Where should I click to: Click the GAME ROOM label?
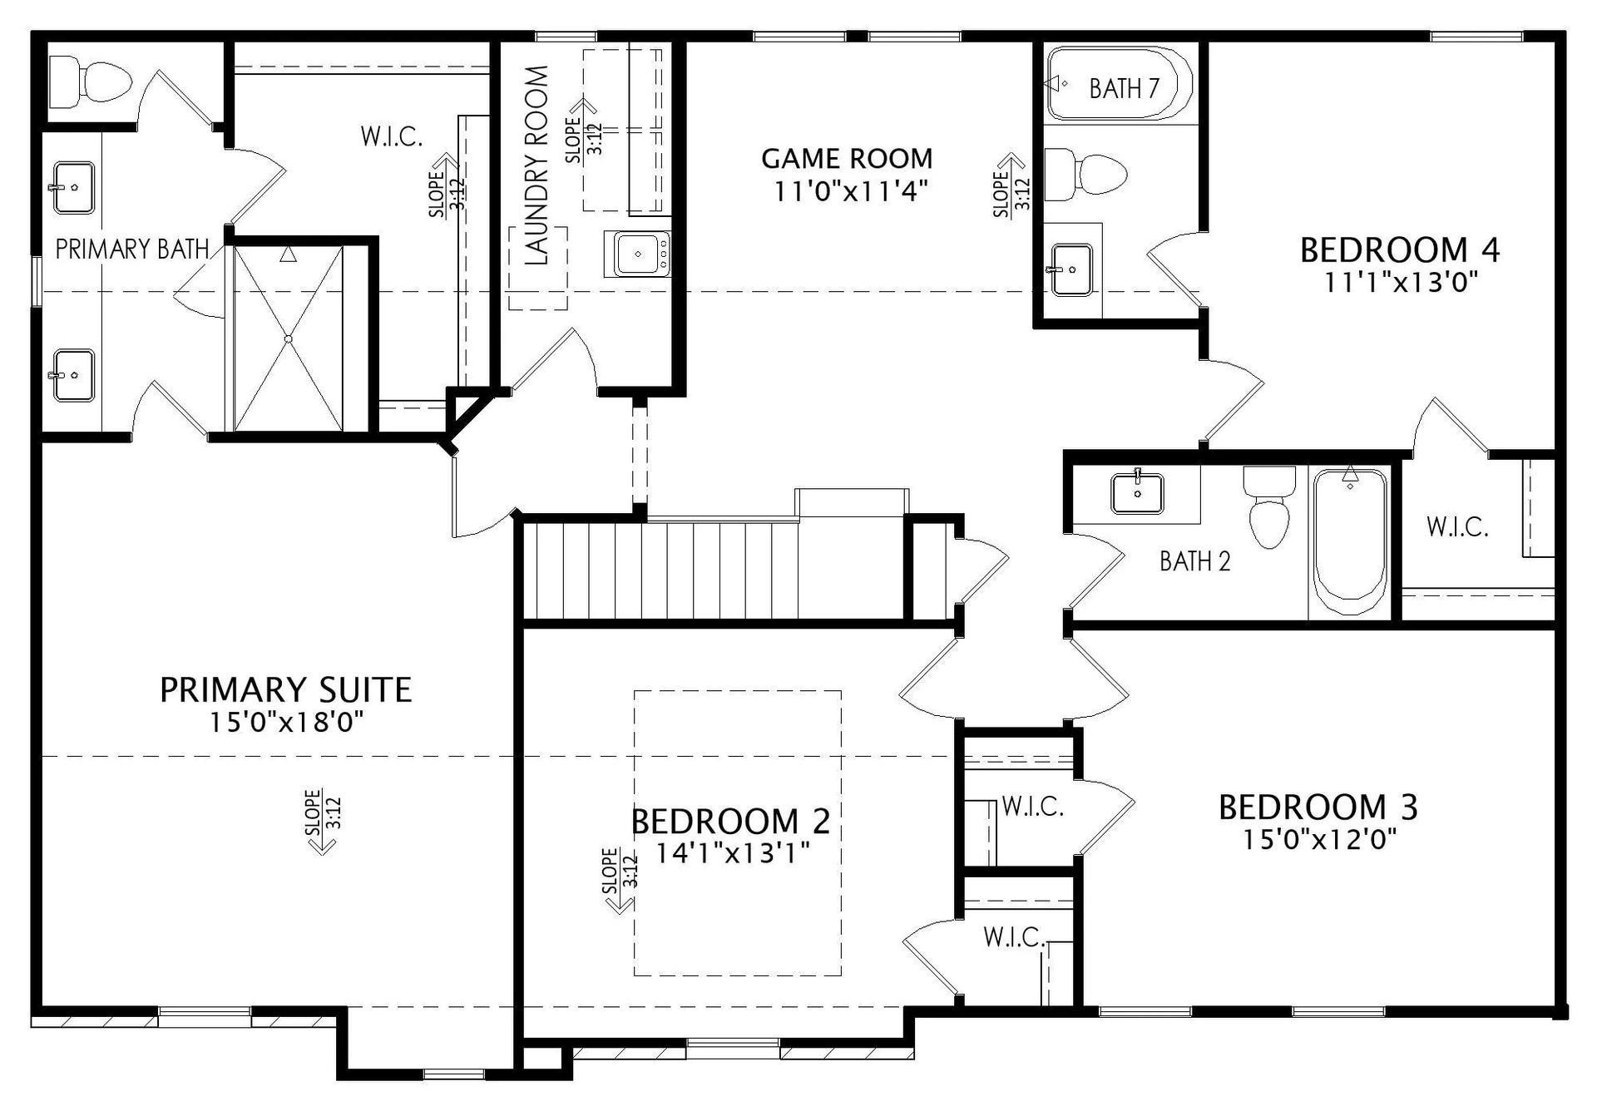[x=847, y=158]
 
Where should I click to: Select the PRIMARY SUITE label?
[x=285, y=690]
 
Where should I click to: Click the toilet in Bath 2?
[x=1269, y=506]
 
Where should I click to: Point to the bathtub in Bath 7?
[x=1120, y=84]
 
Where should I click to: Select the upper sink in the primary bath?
[x=73, y=188]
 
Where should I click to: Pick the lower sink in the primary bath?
[x=73, y=375]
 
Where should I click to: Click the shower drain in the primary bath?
[x=288, y=338]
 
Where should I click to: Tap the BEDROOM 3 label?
[x=1318, y=807]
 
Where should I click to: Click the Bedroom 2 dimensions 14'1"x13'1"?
[x=733, y=853]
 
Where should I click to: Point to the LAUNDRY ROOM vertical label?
[x=537, y=165]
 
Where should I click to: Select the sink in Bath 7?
[x=1071, y=269]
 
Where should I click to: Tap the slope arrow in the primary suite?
[x=322, y=822]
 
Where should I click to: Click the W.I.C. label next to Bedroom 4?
[x=1457, y=526]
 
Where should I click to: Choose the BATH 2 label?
[x=1195, y=561]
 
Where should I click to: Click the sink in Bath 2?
[x=1137, y=492]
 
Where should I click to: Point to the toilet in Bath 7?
[x=1085, y=175]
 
